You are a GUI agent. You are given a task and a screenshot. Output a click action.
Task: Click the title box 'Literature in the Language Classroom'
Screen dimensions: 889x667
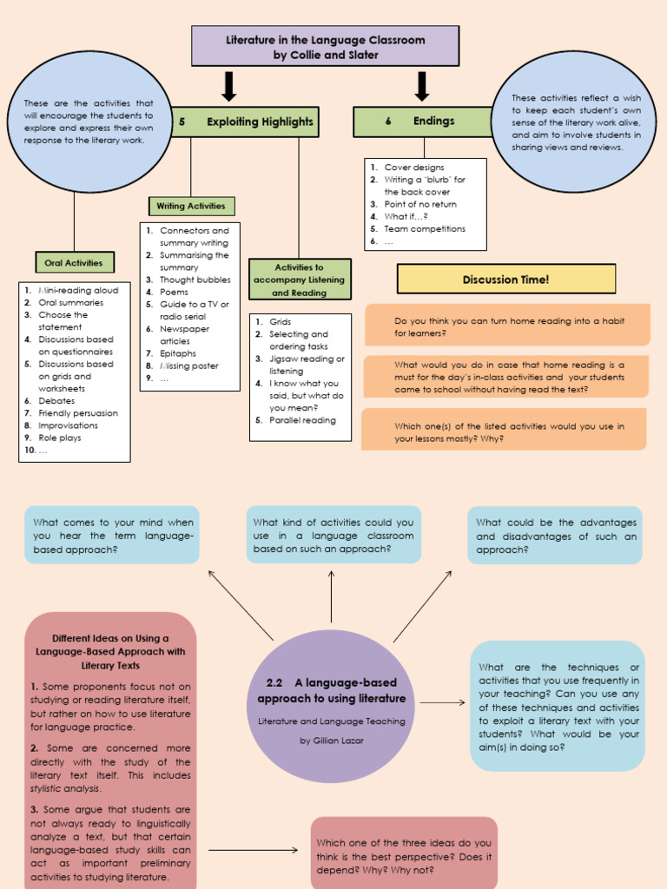[x=325, y=46]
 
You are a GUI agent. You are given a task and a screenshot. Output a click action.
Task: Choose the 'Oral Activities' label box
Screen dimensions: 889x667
[x=74, y=262]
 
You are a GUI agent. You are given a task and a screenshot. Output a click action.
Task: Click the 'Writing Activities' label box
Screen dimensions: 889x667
[x=191, y=207]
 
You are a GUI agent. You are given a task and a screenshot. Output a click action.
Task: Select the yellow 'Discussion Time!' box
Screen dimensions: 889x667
[x=505, y=279]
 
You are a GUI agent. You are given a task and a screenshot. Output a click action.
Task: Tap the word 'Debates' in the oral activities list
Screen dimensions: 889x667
[x=56, y=401]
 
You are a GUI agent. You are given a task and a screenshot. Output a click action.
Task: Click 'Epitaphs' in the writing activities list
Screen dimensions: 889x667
[x=178, y=353]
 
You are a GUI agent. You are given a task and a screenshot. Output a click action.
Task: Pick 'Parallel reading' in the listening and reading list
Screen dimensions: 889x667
[x=302, y=420]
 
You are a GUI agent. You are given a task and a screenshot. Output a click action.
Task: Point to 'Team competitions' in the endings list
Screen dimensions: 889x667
[x=425, y=229]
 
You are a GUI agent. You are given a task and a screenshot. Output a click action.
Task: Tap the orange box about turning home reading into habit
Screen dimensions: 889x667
[x=507, y=326]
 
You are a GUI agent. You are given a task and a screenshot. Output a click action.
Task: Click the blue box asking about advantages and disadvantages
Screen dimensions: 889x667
[x=556, y=536]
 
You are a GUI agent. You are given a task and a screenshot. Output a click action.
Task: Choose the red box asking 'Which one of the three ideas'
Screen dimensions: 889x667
[x=404, y=855]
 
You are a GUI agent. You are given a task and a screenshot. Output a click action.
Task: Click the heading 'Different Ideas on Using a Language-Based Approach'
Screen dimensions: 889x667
[x=110, y=651]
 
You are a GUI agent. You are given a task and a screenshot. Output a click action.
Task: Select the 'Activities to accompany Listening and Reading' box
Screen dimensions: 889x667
[x=300, y=280]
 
